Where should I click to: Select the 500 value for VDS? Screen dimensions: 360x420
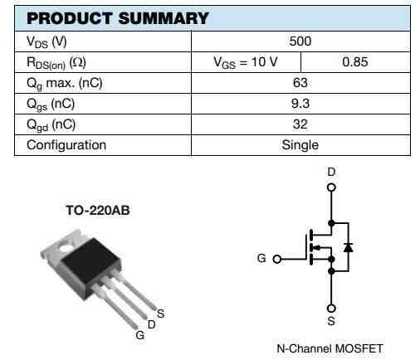tap(300, 41)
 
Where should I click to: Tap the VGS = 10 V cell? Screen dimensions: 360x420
tap(246, 62)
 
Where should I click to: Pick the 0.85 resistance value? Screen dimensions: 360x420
tap(354, 62)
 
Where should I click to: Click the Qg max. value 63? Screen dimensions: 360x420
tap(300, 83)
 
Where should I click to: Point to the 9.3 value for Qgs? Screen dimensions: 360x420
tap(300, 104)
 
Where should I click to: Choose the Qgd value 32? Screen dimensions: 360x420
tap(300, 124)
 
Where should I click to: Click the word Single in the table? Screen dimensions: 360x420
tap(300, 145)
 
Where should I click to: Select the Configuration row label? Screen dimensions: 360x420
tap(66, 145)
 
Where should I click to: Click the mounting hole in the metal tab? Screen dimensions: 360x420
tap(64, 246)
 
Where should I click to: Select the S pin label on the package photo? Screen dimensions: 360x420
tap(160, 313)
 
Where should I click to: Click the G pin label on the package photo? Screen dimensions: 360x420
tap(139, 335)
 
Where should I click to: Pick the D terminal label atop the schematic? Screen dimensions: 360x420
tap(331, 171)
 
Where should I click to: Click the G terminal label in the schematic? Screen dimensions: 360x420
tap(262, 258)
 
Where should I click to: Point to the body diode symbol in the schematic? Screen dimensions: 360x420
tap(348, 247)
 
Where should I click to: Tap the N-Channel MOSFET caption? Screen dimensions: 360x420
tap(330, 348)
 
